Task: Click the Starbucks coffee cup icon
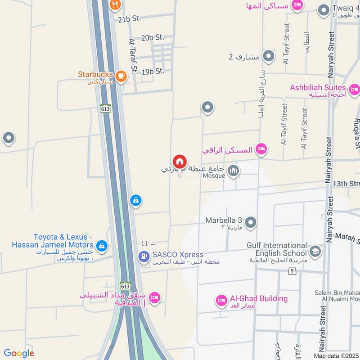pyautogui.click(x=121, y=76)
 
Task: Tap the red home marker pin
pyautogui.click(x=180, y=162)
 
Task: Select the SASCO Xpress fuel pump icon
pyautogui.click(x=143, y=257)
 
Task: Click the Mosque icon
pyautogui.click(x=233, y=171)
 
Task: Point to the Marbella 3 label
pyautogui.click(x=224, y=220)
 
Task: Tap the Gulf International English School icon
pyautogui.click(x=315, y=250)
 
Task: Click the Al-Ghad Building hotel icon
pyautogui.click(x=221, y=300)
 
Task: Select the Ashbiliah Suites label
pyautogui.click(x=318, y=87)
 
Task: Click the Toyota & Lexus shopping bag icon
pyautogui.click(x=102, y=245)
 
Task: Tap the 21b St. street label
pyautogui.click(x=130, y=19)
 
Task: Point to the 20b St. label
pyautogui.click(x=153, y=38)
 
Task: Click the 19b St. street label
pyautogui.click(x=153, y=71)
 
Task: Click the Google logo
pyautogui.click(x=19, y=353)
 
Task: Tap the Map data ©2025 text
pyautogui.click(x=336, y=355)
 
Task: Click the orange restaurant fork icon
pyautogui.click(x=115, y=5)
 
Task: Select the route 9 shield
pyautogui.click(x=292, y=270)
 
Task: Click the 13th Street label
pyautogui.click(x=347, y=184)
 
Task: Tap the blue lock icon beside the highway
pyautogui.click(x=135, y=201)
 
